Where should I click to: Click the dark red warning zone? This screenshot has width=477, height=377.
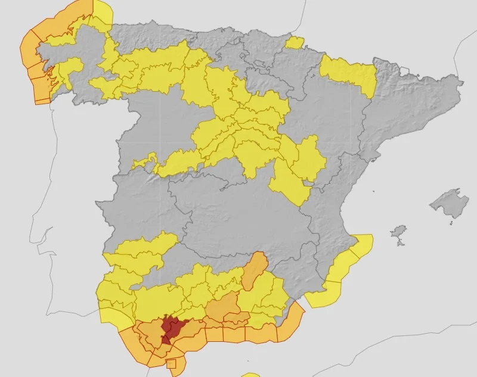tap(172, 329)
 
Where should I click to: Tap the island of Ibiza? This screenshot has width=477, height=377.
tap(398, 231)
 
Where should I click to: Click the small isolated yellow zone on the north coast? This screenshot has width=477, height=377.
tap(295, 42)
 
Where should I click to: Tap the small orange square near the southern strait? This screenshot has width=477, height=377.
tap(172, 364)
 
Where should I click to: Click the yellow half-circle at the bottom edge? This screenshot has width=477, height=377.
tap(251, 375)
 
